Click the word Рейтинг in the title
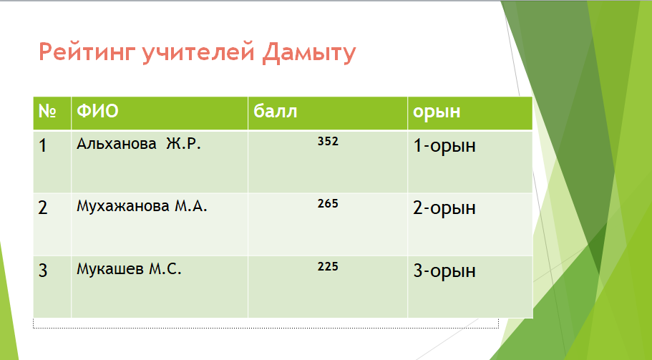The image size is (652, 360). pos(88,52)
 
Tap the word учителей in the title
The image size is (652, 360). pos(198,52)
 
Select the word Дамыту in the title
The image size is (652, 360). pos(309,53)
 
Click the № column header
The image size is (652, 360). pos(47,111)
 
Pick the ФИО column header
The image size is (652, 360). pos(98,111)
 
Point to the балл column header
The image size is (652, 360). pos(276,111)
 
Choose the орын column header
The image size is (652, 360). pos(437,112)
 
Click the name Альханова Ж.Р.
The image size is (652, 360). pos(139,143)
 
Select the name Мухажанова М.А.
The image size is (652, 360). pos(142,206)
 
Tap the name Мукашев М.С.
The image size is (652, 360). pos(129,268)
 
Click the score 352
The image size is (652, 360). pos(328,141)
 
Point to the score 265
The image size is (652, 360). pos(328,204)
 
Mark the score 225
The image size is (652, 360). pos(328,266)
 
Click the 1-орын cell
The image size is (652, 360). pos(444,146)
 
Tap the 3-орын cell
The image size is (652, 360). pos(444,271)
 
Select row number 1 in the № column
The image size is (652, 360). pos(42,145)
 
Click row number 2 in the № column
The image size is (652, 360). pos(43,208)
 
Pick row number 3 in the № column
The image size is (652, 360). pos(43,271)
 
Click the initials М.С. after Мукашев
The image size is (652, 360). pos(165,269)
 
